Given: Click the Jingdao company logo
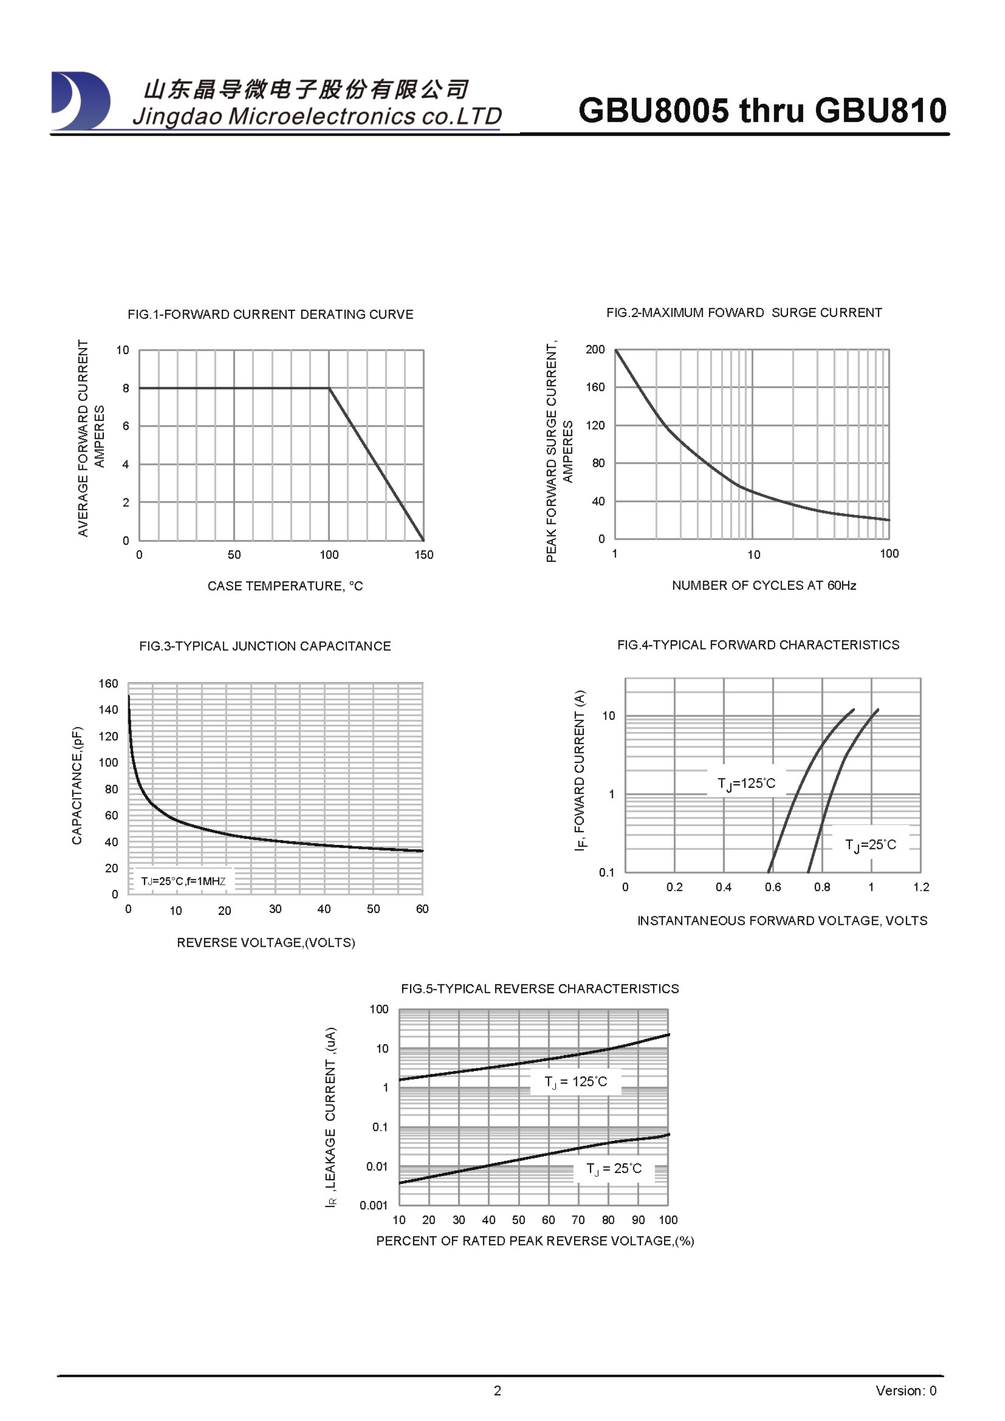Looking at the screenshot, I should pos(81,101).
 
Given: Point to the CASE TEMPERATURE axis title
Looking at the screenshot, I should pos(285,586).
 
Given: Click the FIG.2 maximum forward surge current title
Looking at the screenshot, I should pos(744,313).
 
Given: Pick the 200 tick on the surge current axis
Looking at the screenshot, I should pos(595,349).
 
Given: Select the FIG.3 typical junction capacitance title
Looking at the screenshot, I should pos(265,646).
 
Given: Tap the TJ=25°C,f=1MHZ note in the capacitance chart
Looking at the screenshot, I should pos(183,881).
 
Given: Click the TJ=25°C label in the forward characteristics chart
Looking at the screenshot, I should pos(871,845).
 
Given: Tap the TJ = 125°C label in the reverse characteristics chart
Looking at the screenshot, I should pos(575,1081).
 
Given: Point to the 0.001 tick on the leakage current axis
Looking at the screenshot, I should pos(373,1205).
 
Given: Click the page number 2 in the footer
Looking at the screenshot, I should pos(497,1391).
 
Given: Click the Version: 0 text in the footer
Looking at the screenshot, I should pos(905,1391).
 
